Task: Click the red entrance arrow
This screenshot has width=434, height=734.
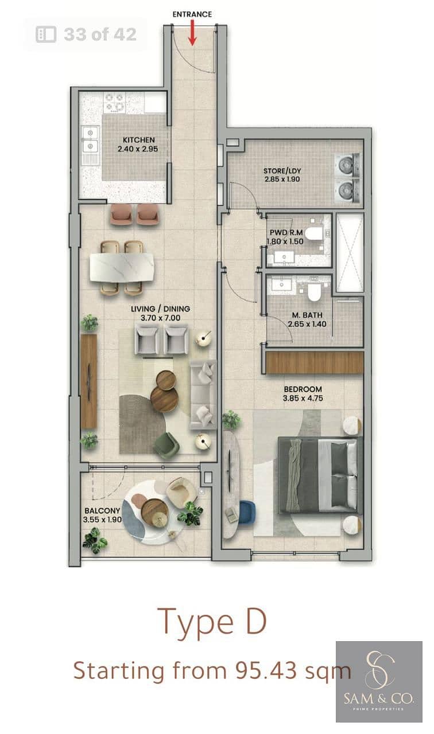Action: [x=192, y=33]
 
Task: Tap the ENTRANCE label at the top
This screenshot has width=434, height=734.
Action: [x=192, y=14]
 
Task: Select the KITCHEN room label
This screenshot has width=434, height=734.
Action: [x=139, y=140]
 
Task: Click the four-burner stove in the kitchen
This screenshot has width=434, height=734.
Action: [x=114, y=102]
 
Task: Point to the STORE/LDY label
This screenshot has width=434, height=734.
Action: [x=282, y=171]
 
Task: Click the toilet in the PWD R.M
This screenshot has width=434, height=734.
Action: [x=313, y=233]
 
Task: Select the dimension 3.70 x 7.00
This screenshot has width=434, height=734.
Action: [x=160, y=318]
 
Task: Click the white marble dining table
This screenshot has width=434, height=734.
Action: [x=122, y=268]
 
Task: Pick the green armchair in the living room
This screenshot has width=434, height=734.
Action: [x=166, y=446]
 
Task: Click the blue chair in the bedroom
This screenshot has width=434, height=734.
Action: [x=247, y=513]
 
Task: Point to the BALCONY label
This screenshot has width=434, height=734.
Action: [x=102, y=510]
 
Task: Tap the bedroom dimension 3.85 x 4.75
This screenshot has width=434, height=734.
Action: [x=303, y=398]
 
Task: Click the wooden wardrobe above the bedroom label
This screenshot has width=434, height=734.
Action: [x=315, y=363]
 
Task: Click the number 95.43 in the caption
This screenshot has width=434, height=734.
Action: [x=266, y=670]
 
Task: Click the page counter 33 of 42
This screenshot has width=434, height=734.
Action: [x=86, y=34]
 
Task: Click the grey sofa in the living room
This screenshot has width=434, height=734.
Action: [x=203, y=395]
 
